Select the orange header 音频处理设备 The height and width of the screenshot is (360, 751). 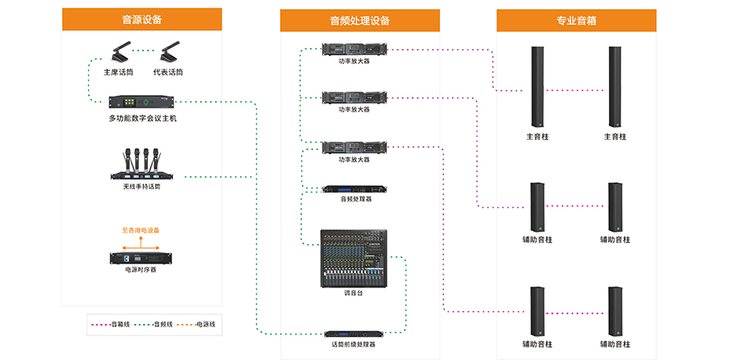tap(360, 20)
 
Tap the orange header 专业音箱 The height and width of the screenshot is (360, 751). tap(576, 20)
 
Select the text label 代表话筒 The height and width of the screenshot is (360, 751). tap(168, 73)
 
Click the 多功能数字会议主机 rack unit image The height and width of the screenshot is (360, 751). tap(143, 103)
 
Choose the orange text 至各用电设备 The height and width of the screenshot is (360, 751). tap(146, 230)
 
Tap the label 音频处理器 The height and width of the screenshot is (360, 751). tap(354, 198)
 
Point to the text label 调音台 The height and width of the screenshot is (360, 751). tap(353, 291)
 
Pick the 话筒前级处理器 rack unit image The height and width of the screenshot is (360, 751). tap(354, 333)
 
